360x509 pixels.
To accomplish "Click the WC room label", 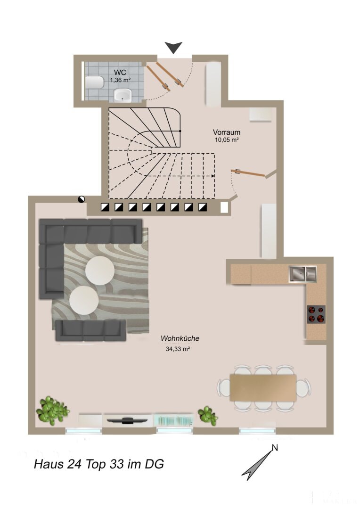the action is (x=120, y=73).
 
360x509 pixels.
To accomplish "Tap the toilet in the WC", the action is (x=94, y=82).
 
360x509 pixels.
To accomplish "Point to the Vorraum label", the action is (x=227, y=132).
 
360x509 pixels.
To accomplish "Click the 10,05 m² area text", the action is (x=227, y=140).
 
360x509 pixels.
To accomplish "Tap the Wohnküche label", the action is (x=180, y=338).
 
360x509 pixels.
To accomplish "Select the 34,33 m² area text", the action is (x=178, y=349).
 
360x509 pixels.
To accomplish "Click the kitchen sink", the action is (x=303, y=274).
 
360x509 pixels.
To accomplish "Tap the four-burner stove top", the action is (x=316, y=314).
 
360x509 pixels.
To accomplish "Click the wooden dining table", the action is (x=263, y=387).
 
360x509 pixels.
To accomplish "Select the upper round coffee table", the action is (x=100, y=271).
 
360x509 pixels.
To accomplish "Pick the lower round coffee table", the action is (x=84, y=300).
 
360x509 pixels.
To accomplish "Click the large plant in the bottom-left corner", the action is (x=52, y=410).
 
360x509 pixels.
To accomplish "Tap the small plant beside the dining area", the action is (x=207, y=416).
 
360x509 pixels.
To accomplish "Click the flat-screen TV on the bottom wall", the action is (x=127, y=420).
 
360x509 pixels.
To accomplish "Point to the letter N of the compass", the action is (x=275, y=448).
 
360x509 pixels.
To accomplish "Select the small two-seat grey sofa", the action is (x=90, y=330).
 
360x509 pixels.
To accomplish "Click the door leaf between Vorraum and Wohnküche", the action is (x=248, y=172).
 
